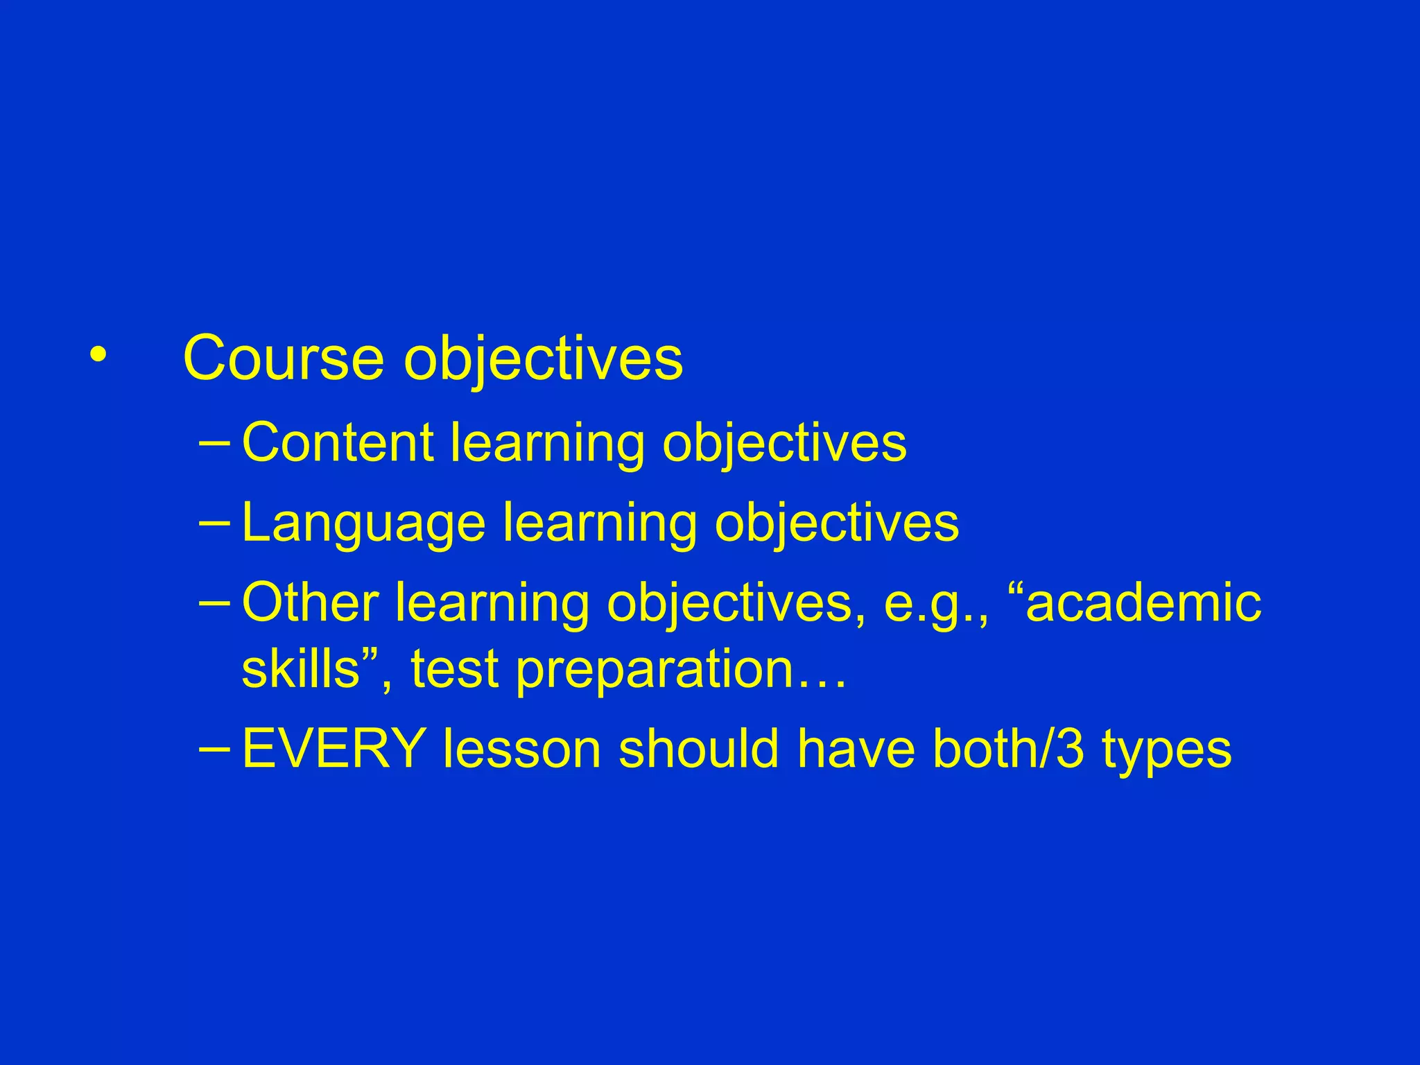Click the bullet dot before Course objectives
coord(98,355)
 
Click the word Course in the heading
coord(283,358)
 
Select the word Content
coord(337,442)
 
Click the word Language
coord(363,523)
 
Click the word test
coord(455,669)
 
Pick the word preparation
coord(655,670)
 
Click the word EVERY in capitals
coord(334,749)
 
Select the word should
coord(698,749)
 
